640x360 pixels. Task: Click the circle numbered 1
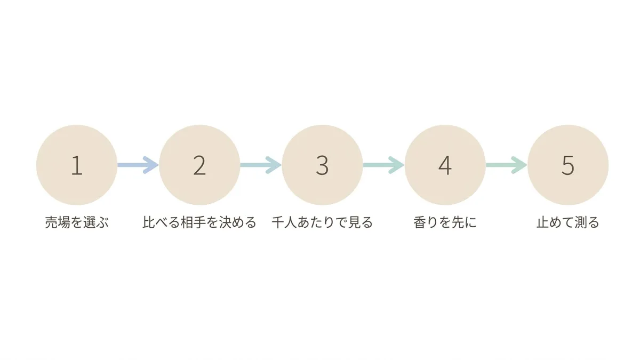77,165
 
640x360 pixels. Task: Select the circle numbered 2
199,165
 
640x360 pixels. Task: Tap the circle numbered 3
322,165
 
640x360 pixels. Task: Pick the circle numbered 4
445,165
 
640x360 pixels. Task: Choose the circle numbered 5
568,165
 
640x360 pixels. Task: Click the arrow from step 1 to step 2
138,165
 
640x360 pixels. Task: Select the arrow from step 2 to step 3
261,165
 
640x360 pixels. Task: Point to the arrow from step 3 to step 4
383,165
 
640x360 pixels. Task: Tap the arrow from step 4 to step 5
507,165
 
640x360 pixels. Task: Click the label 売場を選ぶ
77,222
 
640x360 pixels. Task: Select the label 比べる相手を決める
199,222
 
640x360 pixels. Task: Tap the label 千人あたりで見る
322,222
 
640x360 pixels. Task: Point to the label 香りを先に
445,222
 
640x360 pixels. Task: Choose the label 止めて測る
568,222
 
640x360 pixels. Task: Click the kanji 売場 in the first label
58,222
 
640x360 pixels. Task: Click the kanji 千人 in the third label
284,222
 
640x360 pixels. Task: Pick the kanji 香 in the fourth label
420,222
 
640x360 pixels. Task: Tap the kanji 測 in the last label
581,222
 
